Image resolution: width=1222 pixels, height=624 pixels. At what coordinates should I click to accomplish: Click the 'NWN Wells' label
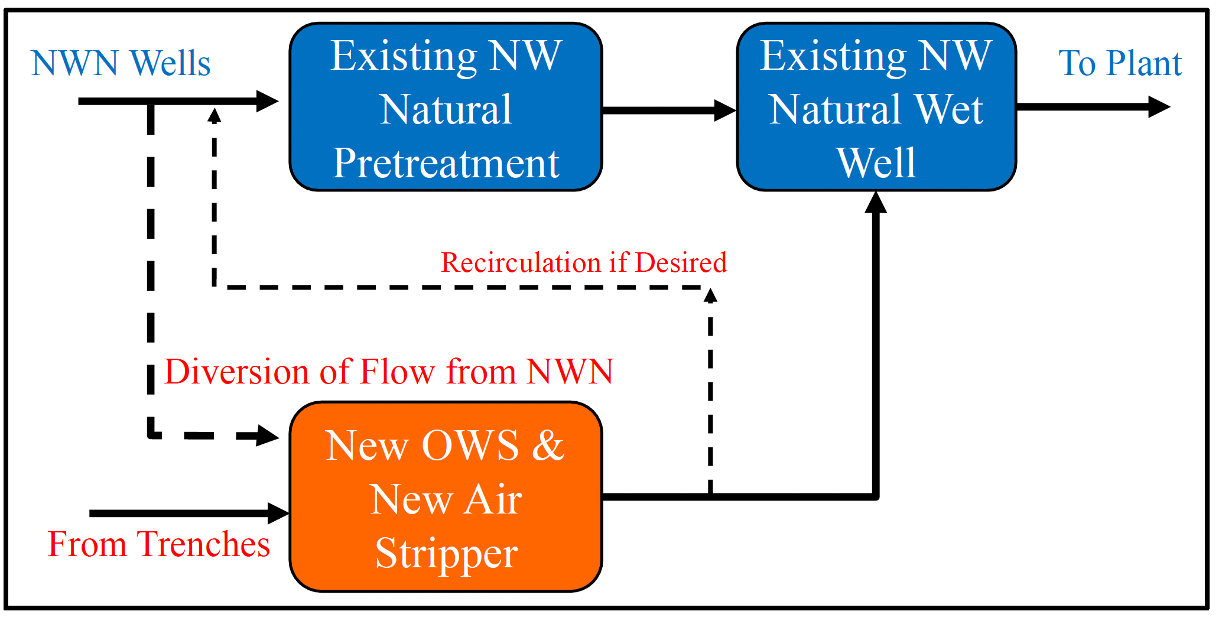(121, 63)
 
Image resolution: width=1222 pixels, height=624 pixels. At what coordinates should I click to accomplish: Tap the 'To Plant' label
(1120, 63)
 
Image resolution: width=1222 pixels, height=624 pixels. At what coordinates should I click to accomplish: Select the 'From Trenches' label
(158, 544)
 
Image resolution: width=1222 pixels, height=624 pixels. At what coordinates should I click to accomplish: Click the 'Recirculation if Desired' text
(584, 262)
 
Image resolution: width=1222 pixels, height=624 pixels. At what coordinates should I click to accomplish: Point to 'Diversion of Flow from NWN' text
(389, 372)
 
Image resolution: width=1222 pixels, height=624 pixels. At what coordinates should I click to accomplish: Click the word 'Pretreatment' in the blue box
(446, 163)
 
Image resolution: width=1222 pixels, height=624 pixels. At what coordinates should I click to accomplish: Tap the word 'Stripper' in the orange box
(446, 554)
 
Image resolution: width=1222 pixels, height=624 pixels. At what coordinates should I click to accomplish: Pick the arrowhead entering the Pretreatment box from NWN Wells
(267, 101)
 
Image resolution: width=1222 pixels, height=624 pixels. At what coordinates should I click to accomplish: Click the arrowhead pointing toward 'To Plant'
(1159, 107)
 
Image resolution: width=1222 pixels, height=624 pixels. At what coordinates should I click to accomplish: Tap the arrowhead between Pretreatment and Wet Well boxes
(726, 110)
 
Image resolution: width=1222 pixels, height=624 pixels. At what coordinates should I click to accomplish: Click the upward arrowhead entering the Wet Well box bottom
(876, 202)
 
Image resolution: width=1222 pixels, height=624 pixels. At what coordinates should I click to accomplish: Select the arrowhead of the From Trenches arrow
(278, 513)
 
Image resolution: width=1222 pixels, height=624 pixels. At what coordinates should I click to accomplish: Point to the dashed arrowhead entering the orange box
(268, 436)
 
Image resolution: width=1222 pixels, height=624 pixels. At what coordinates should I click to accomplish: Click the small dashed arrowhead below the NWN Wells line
(214, 115)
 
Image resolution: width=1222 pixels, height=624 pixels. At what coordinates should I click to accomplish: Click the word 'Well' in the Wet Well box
(876, 163)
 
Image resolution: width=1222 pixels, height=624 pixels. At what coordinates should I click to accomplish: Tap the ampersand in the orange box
(548, 446)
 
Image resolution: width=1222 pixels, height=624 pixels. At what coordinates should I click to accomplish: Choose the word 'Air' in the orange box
(493, 500)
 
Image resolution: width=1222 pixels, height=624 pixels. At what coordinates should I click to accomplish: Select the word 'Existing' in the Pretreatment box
(404, 57)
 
